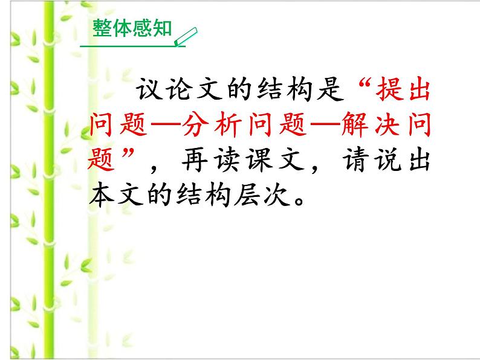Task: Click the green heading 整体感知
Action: pyautogui.click(x=132, y=28)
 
